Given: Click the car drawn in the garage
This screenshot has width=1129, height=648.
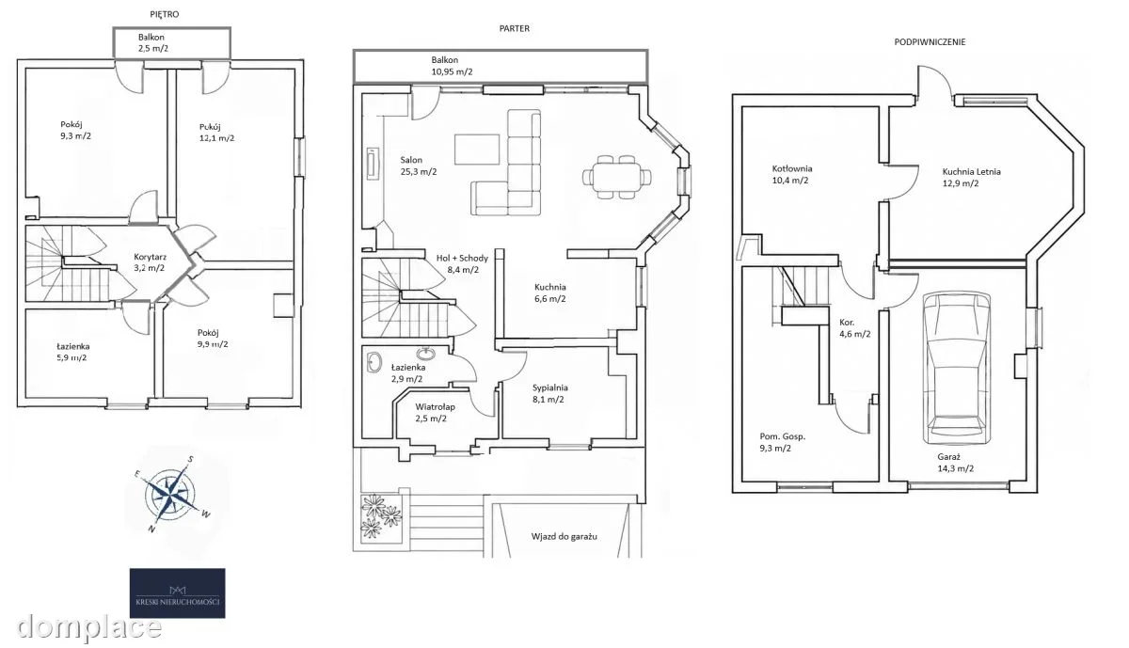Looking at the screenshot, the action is [x=955, y=369].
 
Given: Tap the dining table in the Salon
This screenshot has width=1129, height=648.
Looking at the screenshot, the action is [x=616, y=177].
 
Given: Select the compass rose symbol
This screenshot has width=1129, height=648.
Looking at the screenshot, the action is [x=171, y=495].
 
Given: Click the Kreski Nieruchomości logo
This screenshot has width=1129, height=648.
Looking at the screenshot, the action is [x=178, y=593].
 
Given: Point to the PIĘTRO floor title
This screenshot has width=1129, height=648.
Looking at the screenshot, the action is [x=165, y=15].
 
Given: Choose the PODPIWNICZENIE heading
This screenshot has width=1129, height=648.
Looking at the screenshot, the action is [x=930, y=42].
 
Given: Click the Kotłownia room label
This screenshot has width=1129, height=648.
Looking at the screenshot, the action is [x=792, y=168].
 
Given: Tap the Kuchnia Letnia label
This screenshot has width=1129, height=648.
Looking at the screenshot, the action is [x=972, y=172].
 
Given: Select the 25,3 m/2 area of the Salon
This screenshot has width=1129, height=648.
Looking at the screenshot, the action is [x=419, y=172].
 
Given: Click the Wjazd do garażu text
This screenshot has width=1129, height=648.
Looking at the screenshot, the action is [x=564, y=537].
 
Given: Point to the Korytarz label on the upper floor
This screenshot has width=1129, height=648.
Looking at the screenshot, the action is [x=151, y=257].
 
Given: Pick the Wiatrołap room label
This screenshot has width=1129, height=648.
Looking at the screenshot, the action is [x=435, y=406].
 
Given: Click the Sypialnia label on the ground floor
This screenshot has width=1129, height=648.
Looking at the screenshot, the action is [x=549, y=388].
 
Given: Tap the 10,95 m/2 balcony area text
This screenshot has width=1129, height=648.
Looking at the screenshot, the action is [x=453, y=72].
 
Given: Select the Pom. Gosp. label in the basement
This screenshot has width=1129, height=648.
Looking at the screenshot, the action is [x=782, y=437].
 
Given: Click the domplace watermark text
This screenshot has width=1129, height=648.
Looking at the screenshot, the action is [x=89, y=627].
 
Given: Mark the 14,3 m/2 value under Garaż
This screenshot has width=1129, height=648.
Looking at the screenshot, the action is [x=956, y=468].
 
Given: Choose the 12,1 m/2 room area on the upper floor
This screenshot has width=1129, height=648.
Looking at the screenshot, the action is [x=216, y=138].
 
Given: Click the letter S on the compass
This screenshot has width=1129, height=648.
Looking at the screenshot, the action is [x=191, y=459].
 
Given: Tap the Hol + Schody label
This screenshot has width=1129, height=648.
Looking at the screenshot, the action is [x=462, y=259].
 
